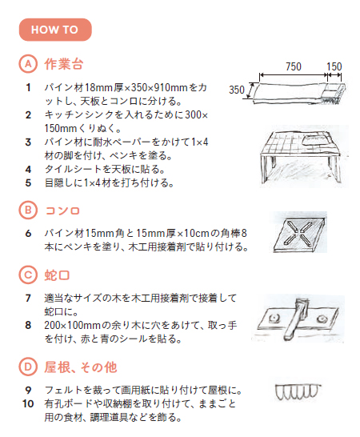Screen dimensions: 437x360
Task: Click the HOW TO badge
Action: pyautogui.click(x=54, y=30)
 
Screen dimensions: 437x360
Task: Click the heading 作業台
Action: pyautogui.click(x=64, y=63)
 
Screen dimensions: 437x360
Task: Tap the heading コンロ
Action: pyautogui.click(x=64, y=210)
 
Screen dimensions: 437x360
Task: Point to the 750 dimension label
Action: pyautogui.click(x=293, y=67)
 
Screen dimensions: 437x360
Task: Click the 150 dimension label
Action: pyautogui.click(x=334, y=67)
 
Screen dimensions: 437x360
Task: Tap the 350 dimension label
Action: pyautogui.click(x=238, y=90)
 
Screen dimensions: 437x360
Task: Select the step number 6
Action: pyautogui.click(x=28, y=233)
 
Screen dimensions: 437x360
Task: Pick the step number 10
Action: pyautogui.click(x=28, y=404)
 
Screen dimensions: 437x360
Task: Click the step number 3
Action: pyautogui.click(x=28, y=142)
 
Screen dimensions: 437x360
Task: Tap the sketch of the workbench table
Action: pyautogui.click(x=302, y=156)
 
